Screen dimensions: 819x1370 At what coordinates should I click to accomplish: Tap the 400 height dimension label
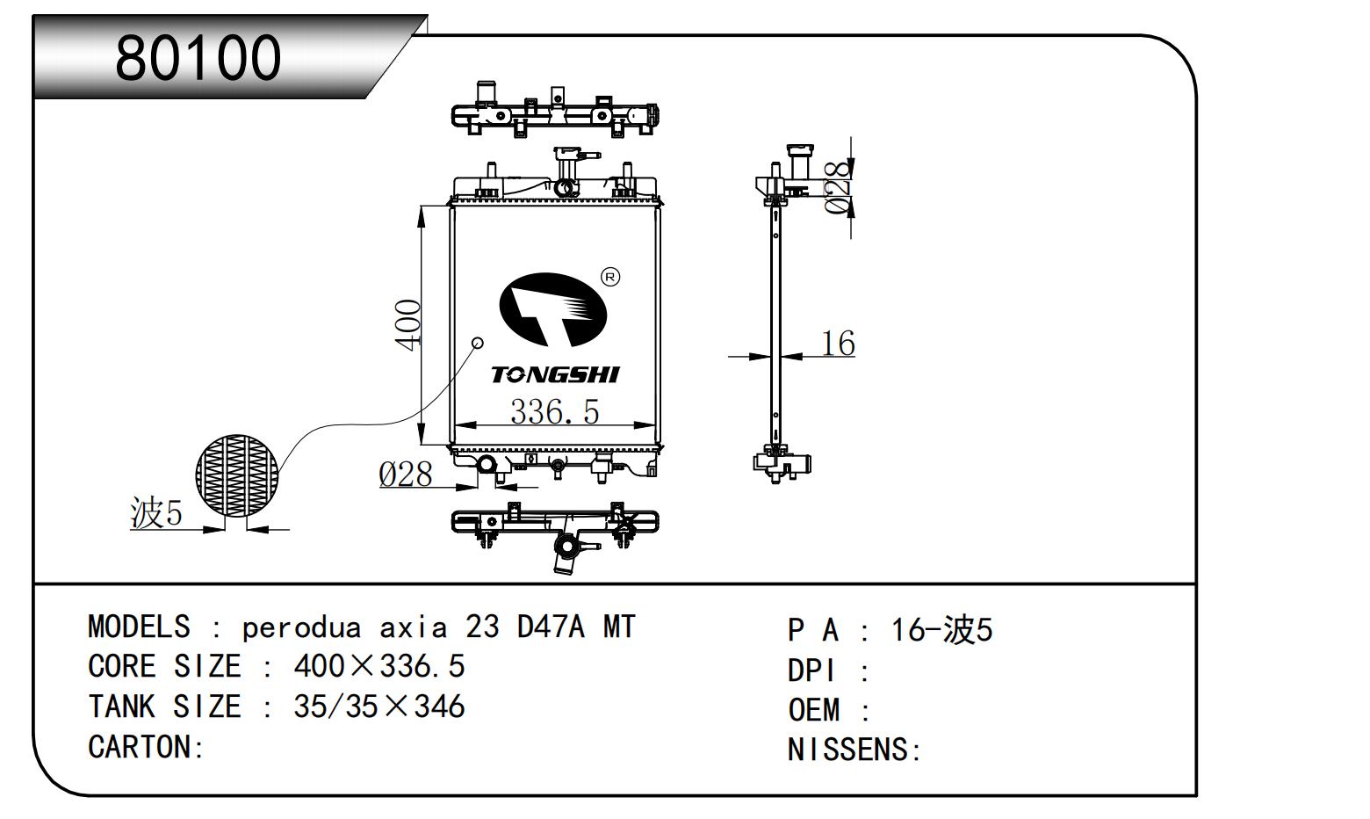409,324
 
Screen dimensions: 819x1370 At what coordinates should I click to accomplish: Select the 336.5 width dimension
554,410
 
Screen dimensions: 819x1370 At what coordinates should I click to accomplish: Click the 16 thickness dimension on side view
837,343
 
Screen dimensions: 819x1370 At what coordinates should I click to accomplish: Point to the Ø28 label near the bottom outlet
406,475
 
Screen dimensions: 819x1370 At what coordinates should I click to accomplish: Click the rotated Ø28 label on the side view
840,187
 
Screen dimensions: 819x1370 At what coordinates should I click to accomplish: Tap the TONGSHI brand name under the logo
555,375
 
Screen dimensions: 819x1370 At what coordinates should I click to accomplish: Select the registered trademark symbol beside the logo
610,278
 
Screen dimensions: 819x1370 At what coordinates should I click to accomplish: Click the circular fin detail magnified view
236,475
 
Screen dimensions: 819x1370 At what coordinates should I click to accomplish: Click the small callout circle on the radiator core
479,342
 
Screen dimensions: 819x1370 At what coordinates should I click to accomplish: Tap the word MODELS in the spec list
139,627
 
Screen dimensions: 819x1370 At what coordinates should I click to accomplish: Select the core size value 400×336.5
379,667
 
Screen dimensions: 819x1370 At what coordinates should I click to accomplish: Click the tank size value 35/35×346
379,707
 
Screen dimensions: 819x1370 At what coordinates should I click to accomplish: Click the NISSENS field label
853,750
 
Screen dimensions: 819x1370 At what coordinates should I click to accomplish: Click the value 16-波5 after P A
941,630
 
